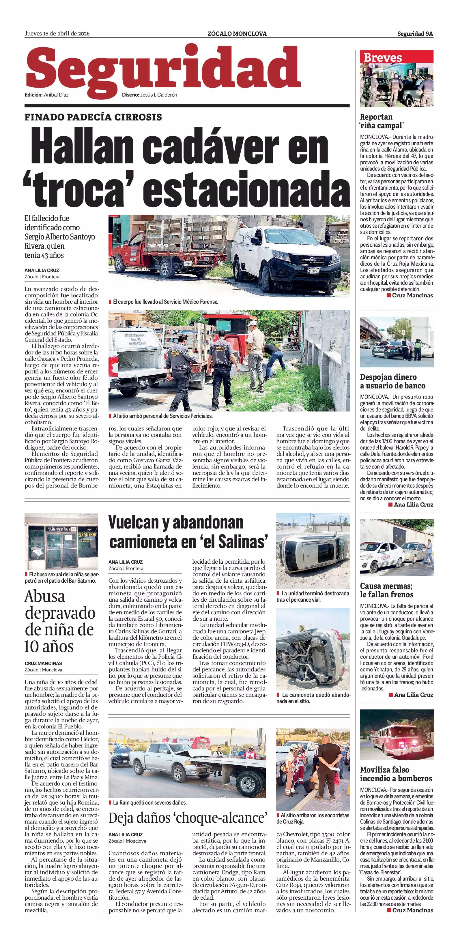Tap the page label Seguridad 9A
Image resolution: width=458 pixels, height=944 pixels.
coord(415,34)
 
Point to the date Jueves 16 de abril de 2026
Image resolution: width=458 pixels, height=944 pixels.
coord(57,34)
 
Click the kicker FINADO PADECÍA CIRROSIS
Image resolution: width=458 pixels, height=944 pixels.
coord(93,117)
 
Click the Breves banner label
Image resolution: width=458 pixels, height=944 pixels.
coord(382,58)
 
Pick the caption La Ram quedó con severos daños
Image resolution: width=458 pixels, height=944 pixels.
coord(150,803)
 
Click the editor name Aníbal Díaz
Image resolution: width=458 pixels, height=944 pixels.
coord(56,95)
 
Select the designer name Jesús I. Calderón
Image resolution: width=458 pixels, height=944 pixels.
coord(158,95)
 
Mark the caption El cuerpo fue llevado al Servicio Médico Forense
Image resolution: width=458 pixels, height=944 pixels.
coord(166,302)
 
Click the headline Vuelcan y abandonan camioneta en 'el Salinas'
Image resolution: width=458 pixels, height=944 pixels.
coord(188,532)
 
